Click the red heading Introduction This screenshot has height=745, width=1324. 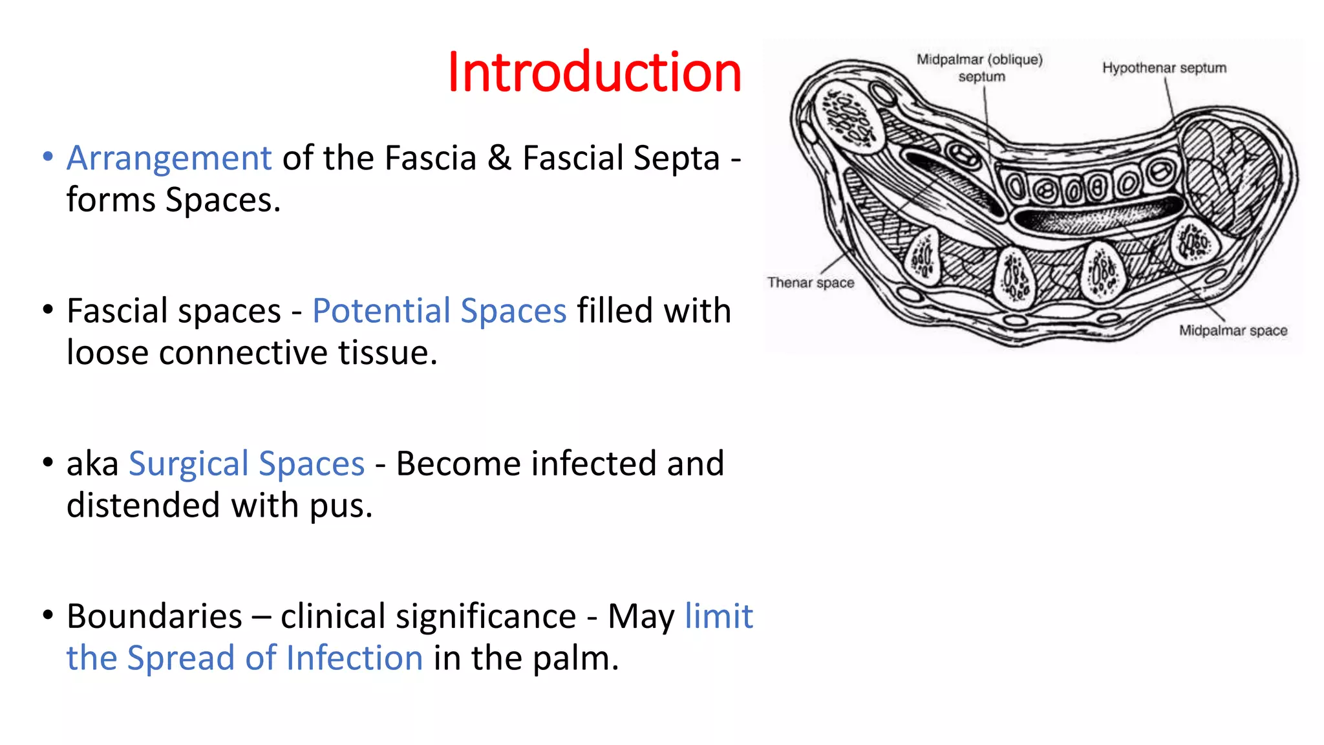click(x=593, y=72)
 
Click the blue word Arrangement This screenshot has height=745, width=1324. click(x=169, y=158)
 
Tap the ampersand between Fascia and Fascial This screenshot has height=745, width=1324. click(x=499, y=158)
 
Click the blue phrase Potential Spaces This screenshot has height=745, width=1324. click(x=439, y=311)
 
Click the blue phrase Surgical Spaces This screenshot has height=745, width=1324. click(x=246, y=464)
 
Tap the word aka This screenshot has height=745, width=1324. click(x=92, y=464)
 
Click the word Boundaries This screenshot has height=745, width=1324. click(x=155, y=616)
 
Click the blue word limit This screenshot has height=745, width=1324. click(x=718, y=616)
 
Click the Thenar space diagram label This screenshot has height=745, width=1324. click(x=810, y=283)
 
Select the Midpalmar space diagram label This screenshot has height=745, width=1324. click(x=1233, y=330)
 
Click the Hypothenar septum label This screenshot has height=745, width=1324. click(x=1164, y=68)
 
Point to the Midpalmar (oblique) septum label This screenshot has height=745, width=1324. click(x=980, y=67)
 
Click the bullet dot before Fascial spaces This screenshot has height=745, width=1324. click(x=48, y=309)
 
